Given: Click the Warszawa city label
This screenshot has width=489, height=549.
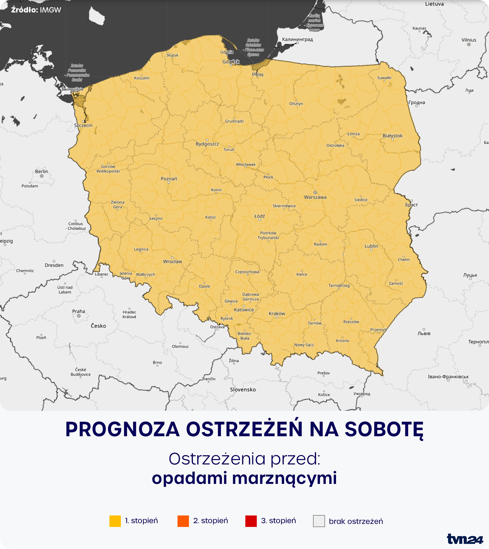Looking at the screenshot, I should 315,197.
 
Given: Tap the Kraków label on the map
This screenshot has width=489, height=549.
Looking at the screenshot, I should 277,313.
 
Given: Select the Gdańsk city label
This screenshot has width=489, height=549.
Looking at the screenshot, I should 231,61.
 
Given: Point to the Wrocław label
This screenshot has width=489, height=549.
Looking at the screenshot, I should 172,262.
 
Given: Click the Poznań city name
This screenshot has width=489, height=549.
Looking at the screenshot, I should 169,179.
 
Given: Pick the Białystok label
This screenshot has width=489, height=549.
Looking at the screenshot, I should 392,136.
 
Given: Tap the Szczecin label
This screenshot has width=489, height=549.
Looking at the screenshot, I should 83,125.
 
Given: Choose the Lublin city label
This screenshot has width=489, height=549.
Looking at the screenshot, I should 371,246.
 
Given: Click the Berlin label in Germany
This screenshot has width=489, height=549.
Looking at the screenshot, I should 42,172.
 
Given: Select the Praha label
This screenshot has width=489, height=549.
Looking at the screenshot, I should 79,311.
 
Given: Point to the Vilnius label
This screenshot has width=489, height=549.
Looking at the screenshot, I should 469,40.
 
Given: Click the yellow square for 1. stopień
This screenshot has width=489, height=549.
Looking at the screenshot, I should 115,521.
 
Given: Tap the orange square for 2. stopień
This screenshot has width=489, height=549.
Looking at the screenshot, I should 183,521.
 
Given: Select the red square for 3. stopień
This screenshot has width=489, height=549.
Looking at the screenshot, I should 251,521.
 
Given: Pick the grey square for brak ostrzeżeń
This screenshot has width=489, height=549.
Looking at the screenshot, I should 319,521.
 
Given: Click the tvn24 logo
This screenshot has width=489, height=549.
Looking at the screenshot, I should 465,539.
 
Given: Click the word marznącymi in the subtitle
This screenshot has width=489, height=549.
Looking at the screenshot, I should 284,478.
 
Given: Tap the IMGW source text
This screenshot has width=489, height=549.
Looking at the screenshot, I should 50,10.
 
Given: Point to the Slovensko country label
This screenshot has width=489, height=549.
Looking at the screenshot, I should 243,389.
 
